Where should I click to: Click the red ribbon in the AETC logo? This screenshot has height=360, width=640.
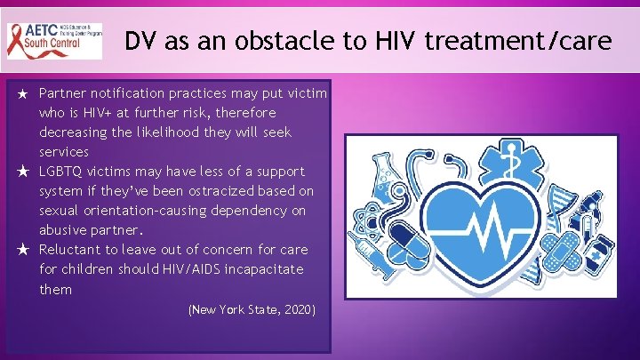click(20, 39)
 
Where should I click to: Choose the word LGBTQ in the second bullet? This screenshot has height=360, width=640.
click(60, 172)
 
